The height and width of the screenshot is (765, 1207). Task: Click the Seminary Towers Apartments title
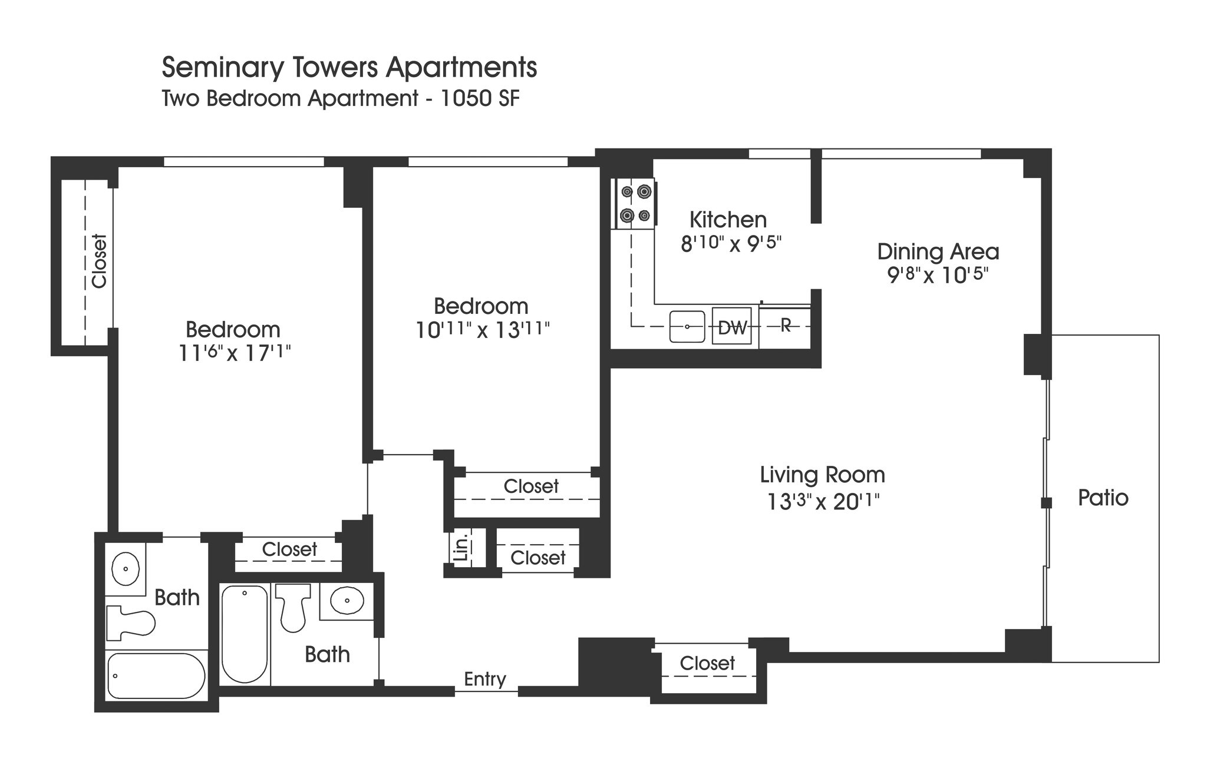click(x=349, y=68)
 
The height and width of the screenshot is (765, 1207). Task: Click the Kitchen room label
click(x=728, y=220)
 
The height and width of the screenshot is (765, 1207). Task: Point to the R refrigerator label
click(x=785, y=324)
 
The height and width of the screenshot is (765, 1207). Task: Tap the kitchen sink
click(x=687, y=327)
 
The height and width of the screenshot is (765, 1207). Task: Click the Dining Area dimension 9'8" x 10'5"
click(x=938, y=275)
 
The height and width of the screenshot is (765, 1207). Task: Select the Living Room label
click(x=822, y=475)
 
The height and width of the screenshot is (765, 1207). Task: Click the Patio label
click(x=1103, y=498)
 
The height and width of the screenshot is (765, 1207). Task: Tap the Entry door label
click(x=484, y=679)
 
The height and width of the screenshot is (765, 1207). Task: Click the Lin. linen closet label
click(x=463, y=548)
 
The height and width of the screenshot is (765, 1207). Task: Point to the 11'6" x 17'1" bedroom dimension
click(x=235, y=353)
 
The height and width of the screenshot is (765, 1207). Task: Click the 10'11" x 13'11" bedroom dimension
click(x=482, y=330)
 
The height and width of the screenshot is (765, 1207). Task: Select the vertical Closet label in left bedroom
click(x=99, y=261)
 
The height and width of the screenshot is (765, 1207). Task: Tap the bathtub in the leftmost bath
click(x=156, y=675)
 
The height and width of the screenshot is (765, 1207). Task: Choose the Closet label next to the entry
click(x=707, y=663)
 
